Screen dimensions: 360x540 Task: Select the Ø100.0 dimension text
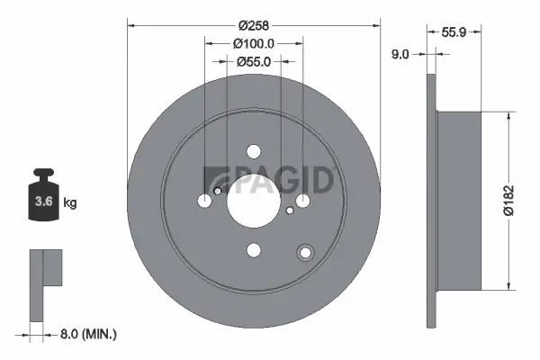point(253,43)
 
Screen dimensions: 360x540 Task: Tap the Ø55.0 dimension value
point(253,62)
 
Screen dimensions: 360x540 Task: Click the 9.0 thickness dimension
point(401,54)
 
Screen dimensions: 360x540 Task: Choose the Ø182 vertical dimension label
point(508,200)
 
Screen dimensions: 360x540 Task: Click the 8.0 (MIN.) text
point(86,334)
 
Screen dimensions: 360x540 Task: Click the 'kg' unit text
point(70,203)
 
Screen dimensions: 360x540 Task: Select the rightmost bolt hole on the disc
point(303,200)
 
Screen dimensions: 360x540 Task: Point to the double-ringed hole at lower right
point(306,253)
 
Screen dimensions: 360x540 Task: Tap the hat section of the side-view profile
point(459,200)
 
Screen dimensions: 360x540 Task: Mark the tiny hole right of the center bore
point(289,211)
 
